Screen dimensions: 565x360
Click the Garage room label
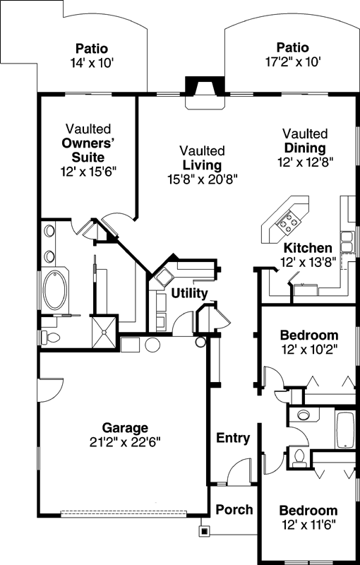tap(125, 427)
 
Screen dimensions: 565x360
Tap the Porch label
tap(234, 509)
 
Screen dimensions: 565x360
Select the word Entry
tap(233, 438)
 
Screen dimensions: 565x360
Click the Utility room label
tap(188, 293)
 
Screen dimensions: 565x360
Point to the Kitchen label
tap(308, 248)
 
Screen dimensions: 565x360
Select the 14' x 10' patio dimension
tap(92, 62)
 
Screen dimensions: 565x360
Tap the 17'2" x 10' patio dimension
tap(292, 61)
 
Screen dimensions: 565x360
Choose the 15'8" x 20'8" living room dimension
tap(202, 179)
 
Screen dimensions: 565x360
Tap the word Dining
tap(305, 148)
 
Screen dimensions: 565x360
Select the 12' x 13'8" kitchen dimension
tap(308, 261)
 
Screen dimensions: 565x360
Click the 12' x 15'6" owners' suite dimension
tap(88, 170)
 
